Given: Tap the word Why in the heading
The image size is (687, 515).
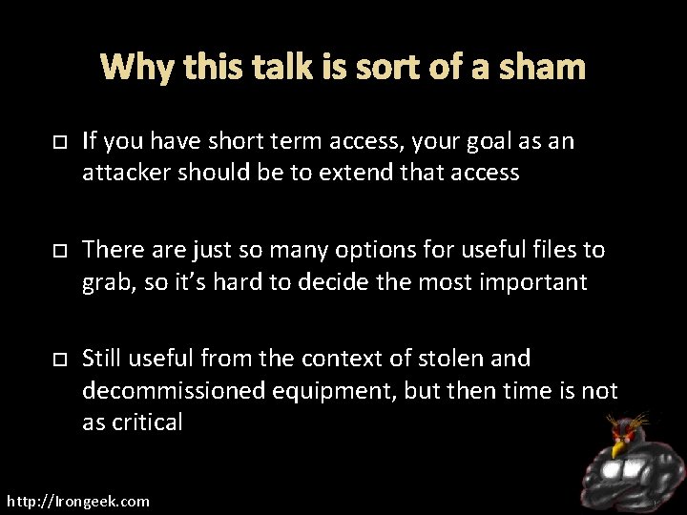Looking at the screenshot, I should tap(131, 68).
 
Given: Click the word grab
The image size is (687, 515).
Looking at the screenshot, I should tap(106, 282).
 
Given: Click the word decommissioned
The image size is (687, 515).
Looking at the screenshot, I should tap(175, 391).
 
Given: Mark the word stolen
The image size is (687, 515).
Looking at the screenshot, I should tap(454, 359).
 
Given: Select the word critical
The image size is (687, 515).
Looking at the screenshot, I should tap(144, 422).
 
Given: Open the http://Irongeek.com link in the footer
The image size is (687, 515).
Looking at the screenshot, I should tap(78, 501).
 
